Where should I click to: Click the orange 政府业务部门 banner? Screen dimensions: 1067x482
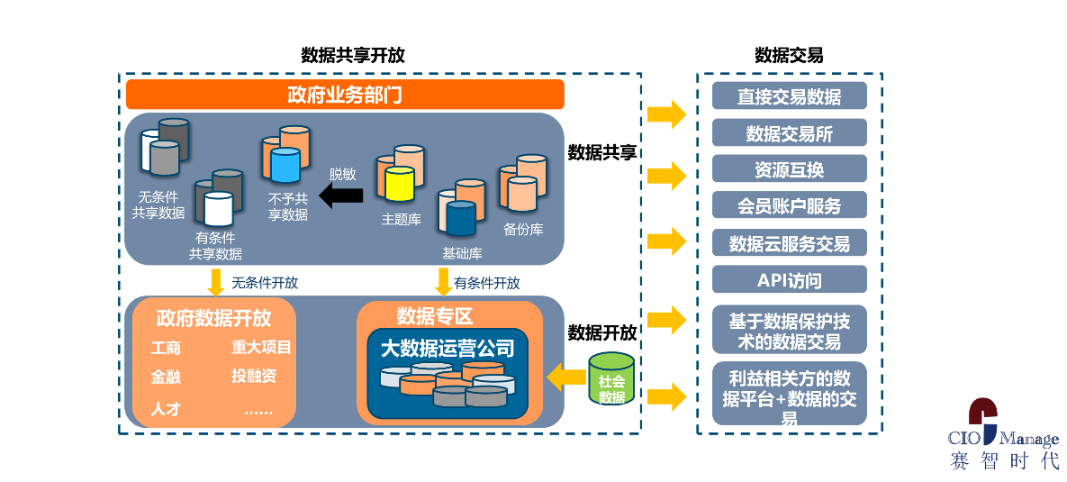345,95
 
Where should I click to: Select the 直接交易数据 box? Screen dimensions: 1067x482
790,96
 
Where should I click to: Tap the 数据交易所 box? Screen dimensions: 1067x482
790,132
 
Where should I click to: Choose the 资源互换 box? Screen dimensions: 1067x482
790,168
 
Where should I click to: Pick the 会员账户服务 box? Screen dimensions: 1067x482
790,205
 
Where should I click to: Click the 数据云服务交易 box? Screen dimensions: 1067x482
790,242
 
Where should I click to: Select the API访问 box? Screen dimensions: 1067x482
790,279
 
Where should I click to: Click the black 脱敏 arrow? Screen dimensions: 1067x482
341,196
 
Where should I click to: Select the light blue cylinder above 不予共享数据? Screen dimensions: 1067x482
285,165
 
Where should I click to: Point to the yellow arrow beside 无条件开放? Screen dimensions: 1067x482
216,282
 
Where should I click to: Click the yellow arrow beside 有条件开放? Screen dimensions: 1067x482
444,282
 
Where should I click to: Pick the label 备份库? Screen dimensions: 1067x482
523,229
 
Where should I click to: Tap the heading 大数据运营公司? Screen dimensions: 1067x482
448,350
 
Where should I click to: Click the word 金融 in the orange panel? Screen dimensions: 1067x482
166,377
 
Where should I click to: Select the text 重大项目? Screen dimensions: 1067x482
261,347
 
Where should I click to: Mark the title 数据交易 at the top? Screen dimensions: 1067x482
789,55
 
